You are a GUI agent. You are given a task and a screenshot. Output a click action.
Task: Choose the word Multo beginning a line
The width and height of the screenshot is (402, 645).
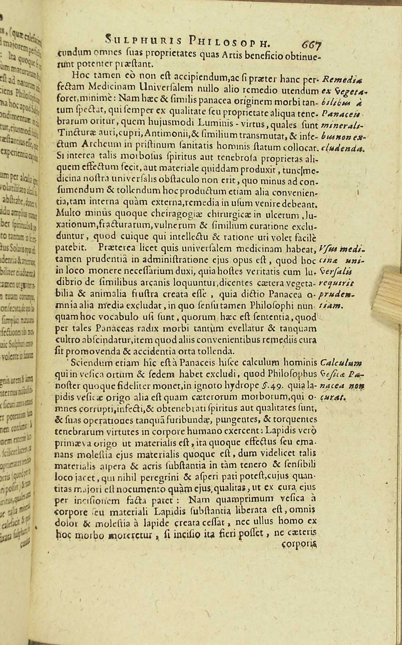66,212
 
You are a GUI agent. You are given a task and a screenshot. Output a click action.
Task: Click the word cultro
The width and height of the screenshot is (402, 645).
65,340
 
